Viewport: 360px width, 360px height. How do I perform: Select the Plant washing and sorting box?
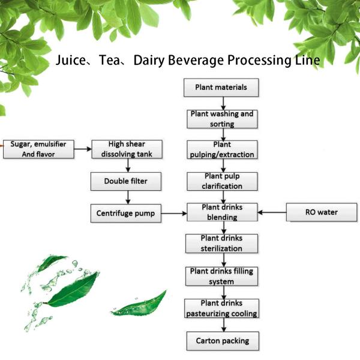[221, 118]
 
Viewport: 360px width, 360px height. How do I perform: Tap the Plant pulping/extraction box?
[221, 149]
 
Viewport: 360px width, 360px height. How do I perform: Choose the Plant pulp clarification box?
[221, 181]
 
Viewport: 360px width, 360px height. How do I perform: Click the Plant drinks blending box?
[221, 212]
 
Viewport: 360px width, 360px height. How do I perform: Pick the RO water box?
[321, 212]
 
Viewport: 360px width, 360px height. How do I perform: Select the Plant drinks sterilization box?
[221, 244]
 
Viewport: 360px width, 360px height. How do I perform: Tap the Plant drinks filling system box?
[221, 275]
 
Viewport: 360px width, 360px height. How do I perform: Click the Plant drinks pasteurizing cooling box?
[221, 308]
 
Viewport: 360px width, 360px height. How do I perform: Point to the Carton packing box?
[221, 341]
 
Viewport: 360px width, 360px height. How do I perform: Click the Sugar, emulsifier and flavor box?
[38, 149]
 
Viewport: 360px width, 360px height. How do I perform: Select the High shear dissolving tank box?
[127, 149]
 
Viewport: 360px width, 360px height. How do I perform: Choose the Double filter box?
[127, 181]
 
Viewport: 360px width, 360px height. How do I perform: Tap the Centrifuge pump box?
[127, 212]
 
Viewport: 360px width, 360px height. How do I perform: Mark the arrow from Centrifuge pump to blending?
[174, 212]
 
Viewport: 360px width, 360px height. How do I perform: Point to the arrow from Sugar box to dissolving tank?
[83, 149]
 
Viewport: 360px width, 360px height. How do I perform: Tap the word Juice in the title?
[71, 61]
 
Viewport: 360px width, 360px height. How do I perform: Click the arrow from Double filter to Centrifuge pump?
[127, 197]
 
